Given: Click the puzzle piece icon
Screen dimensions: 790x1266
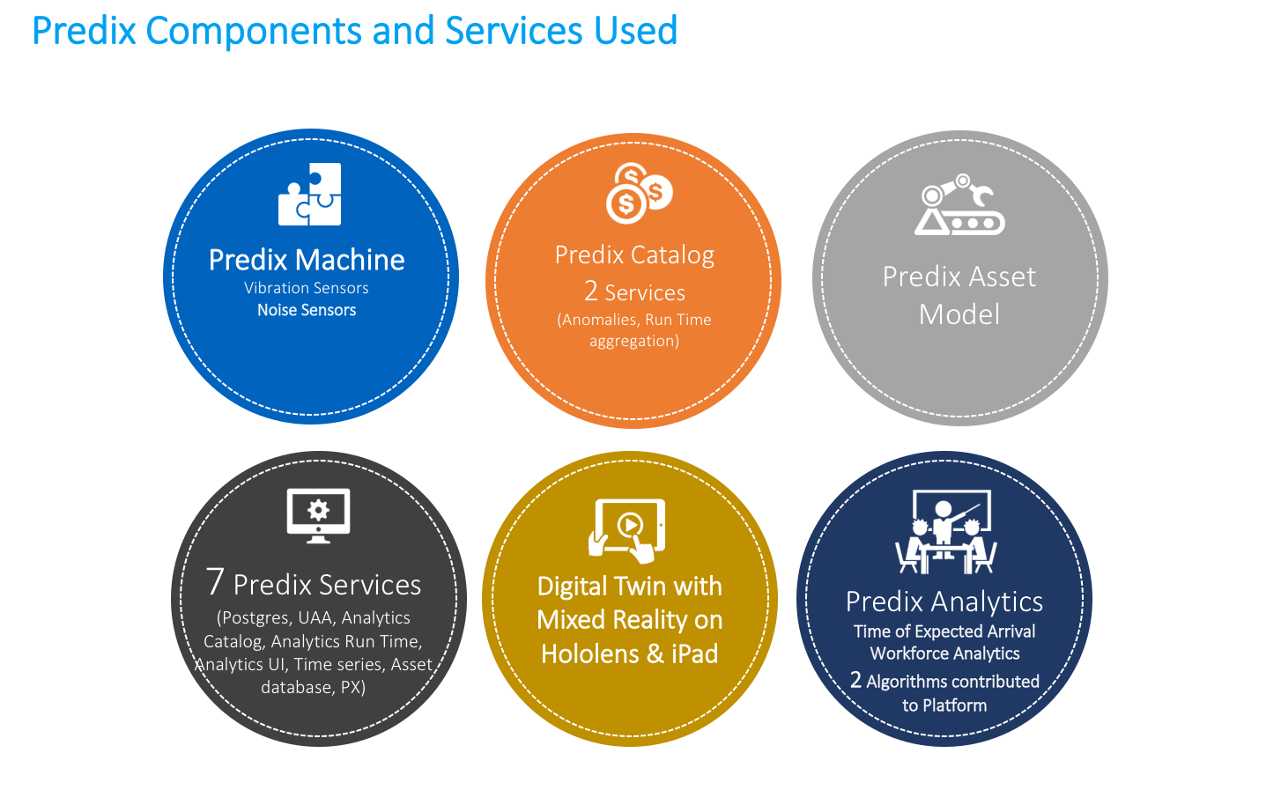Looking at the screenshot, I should click(309, 195).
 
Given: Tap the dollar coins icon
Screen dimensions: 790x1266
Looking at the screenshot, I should click(639, 193).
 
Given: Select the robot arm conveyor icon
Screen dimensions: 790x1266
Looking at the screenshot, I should click(959, 205).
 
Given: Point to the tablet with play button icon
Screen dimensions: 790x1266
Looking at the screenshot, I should click(628, 529).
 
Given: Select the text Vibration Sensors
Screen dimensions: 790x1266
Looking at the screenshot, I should click(307, 288).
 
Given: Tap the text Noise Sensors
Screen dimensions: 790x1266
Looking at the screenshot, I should click(307, 310).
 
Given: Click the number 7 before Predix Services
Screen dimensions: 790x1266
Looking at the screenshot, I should click(215, 582).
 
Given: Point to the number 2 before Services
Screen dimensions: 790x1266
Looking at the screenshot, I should click(590, 291).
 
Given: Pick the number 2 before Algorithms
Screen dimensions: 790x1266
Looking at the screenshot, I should click(855, 680).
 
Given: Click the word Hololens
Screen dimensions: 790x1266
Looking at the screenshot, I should click(590, 654).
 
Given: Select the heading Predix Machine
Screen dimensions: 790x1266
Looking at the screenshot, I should click(307, 260).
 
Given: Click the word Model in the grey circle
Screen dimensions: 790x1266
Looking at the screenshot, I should click(959, 314).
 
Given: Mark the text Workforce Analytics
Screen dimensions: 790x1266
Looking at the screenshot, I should click(944, 653).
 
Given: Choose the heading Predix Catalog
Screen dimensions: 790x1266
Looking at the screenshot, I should click(634, 255).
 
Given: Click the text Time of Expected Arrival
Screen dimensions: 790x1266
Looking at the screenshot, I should click(944, 631).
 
